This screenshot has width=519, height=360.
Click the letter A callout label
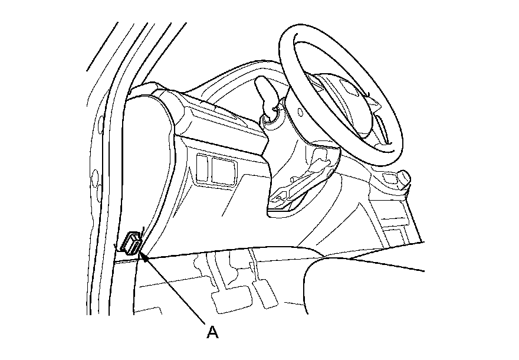(x=213, y=332)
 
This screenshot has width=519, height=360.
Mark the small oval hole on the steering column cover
(x=301, y=112)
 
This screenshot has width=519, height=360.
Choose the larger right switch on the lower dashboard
(x=222, y=172)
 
